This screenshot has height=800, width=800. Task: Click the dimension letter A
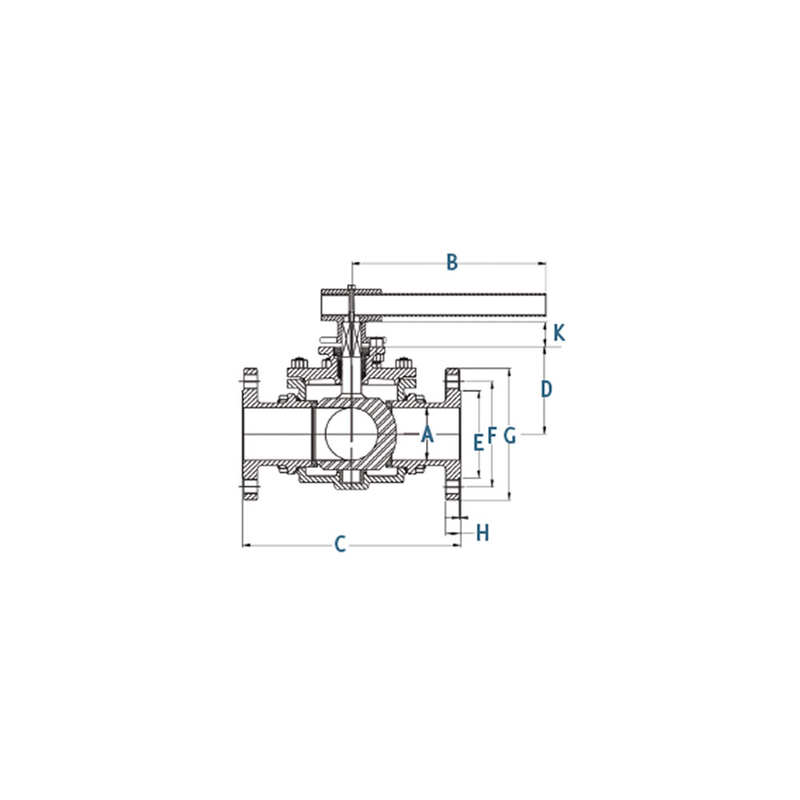(x=427, y=434)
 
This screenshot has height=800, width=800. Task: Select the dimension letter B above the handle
(x=451, y=262)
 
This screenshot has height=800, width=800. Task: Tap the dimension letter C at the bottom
(x=340, y=544)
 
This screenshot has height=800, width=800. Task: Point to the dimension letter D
(x=546, y=390)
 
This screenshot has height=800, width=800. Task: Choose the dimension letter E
(x=478, y=443)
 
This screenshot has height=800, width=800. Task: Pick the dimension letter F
(x=492, y=436)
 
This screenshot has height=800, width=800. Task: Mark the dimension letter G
(x=510, y=436)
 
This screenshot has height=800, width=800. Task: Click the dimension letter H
(x=482, y=533)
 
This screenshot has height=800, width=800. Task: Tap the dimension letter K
(x=559, y=334)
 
